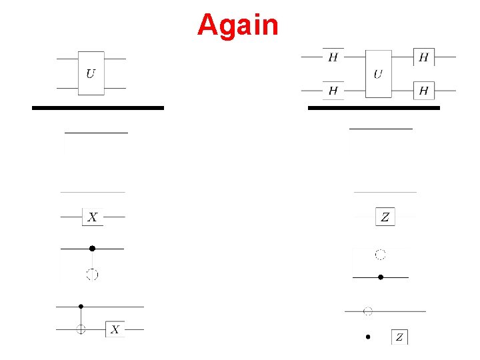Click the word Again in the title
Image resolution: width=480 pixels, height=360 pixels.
tap(237, 25)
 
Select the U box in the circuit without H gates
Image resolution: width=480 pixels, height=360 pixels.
tap(91, 73)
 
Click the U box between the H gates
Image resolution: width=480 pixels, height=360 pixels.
tap(378, 73)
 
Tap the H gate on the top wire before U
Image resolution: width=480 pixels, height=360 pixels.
tap(333, 57)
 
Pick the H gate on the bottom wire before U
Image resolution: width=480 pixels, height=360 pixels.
tap(333, 90)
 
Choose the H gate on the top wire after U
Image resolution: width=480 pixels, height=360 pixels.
tap(423, 57)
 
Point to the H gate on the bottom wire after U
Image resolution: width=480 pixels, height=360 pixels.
tap(423, 90)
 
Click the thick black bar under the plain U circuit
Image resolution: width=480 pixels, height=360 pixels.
tap(98, 107)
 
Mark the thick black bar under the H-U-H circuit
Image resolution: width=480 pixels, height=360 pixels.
tap(373, 107)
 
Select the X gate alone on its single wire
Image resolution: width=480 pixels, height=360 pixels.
tap(93, 217)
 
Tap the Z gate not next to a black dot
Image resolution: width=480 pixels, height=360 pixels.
tap(385, 217)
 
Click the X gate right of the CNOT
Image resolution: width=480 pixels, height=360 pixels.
tap(115, 329)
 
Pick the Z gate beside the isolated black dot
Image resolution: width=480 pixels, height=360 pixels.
tap(399, 337)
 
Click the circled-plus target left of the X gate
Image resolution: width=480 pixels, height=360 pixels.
tap(81, 329)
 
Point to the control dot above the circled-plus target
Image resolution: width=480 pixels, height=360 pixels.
tap(81, 307)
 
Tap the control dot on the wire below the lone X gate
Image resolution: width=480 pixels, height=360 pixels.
tap(92, 249)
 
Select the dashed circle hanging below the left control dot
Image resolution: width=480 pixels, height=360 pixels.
tap(92, 273)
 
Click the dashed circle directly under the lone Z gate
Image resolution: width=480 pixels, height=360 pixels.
tap(380, 254)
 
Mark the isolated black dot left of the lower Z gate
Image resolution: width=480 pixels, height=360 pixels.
tap(367, 337)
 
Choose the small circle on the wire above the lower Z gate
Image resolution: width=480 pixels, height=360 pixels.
tap(367, 311)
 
